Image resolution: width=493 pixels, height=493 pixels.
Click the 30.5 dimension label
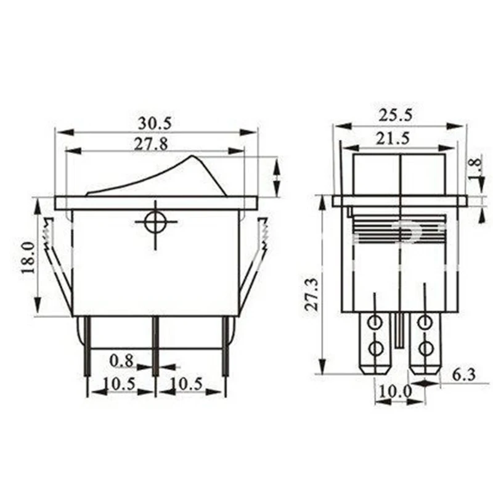(155, 123)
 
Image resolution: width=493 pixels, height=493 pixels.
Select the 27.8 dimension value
(151, 144)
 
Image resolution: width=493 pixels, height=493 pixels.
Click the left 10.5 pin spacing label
(119, 383)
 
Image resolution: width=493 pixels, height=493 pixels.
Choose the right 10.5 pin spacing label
(185, 383)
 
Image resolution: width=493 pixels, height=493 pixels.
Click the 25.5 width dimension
(397, 115)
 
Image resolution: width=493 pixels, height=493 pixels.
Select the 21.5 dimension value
(393, 138)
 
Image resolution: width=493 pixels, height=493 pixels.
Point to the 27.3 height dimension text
(311, 294)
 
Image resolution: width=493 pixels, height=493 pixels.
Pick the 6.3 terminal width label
(463, 373)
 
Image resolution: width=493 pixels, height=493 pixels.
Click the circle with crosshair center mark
(155, 222)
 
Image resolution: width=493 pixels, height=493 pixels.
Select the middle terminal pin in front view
(155, 345)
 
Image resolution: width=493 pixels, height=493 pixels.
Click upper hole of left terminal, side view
(374, 322)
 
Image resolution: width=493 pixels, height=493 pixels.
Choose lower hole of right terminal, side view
(425, 349)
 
